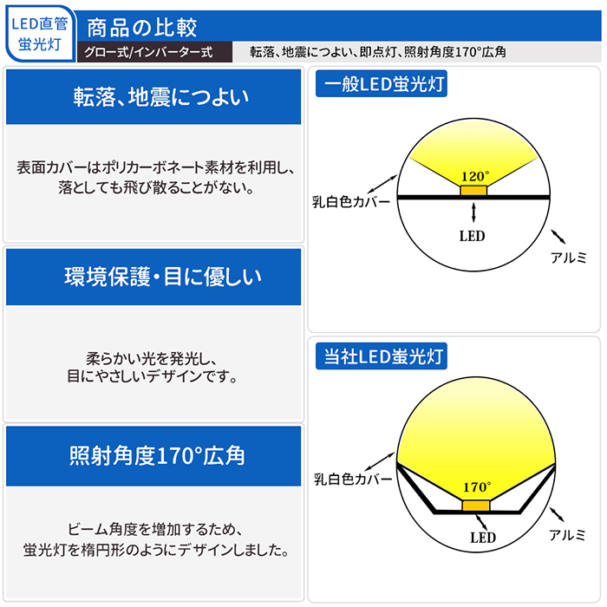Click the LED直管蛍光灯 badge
[40, 34]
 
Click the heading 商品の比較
[141, 28]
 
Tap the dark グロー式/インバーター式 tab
[155, 52]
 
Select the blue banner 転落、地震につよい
[153, 97]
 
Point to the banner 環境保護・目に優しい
[153, 277]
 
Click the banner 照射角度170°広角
[153, 456]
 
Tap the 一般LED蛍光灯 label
[382, 83]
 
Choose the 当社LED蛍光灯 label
[382, 356]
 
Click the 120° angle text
[475, 177]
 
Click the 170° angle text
[477, 486]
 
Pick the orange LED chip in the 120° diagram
[473, 191]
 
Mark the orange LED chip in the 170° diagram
[476, 506]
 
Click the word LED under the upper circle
[472, 236]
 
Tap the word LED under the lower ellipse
[483, 538]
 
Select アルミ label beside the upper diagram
[568, 258]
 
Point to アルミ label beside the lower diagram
[567, 535]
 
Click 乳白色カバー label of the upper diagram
[351, 202]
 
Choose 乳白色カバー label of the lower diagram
[353, 480]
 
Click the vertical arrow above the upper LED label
[473, 212]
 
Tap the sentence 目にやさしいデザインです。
[152, 376]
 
